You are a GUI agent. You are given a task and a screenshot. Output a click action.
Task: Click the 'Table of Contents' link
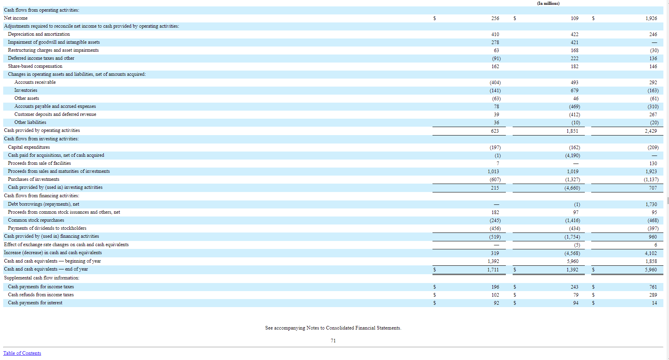coord(22,353)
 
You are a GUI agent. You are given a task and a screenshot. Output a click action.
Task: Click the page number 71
coord(333,341)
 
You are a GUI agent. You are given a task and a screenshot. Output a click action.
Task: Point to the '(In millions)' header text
coord(548,3)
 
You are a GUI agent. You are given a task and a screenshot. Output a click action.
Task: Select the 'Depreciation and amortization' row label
coord(39,34)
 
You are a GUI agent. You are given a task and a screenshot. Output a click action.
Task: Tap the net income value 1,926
coord(651,18)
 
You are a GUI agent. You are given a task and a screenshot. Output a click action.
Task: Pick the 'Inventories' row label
coord(26,90)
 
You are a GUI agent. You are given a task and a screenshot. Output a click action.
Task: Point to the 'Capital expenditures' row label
coord(29,147)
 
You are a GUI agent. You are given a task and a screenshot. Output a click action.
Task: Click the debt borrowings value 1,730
coord(651,204)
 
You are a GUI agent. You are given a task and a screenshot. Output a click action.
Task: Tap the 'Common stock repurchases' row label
coord(36,220)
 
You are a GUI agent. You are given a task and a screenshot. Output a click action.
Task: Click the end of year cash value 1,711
coord(493,270)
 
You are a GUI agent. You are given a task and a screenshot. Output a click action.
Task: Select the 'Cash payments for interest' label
coord(35,303)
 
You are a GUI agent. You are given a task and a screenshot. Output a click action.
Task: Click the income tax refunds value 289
coord(653,295)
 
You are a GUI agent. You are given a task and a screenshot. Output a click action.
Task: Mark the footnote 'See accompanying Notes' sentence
coord(333,328)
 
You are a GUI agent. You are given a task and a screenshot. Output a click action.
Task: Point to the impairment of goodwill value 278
coord(495,42)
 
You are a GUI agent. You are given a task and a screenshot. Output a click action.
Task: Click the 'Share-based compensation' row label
coord(35,66)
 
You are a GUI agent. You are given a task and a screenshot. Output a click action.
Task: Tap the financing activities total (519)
coord(495,237)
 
